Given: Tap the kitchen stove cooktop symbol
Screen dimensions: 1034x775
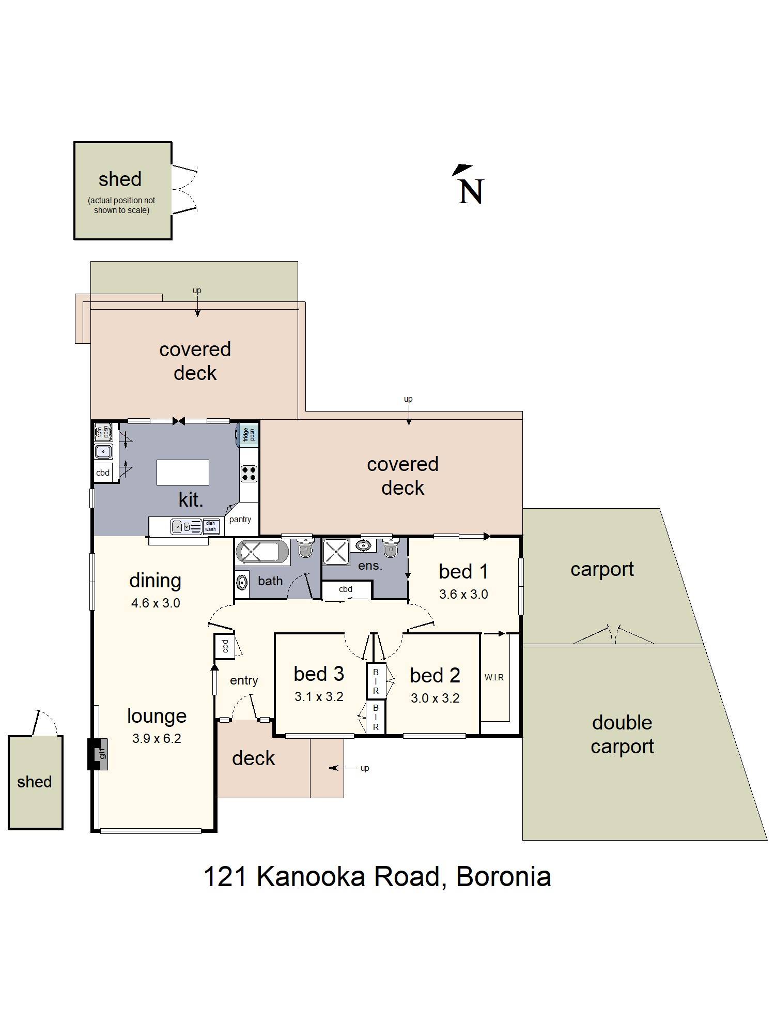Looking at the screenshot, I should pyautogui.click(x=249, y=473).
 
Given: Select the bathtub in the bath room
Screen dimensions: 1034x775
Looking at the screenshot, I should pyautogui.click(x=262, y=552).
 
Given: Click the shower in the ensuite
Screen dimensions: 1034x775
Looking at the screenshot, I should pyautogui.click(x=336, y=552).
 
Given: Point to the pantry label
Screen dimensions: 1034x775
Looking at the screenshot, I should pyautogui.click(x=240, y=519).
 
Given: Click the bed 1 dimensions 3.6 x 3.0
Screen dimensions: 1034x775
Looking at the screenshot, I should pyautogui.click(x=463, y=594).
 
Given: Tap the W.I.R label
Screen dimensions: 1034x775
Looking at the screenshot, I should pyautogui.click(x=494, y=677).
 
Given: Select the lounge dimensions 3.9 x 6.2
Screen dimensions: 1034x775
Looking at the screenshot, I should pyautogui.click(x=157, y=738).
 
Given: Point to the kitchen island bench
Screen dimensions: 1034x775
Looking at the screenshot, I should pyautogui.click(x=183, y=472).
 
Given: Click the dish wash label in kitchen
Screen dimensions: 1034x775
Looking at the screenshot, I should pyautogui.click(x=211, y=526).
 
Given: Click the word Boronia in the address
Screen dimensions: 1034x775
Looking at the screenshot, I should pyautogui.click(x=503, y=876).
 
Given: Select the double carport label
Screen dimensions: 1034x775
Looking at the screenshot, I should pyautogui.click(x=622, y=734).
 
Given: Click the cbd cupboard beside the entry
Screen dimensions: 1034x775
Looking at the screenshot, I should pyautogui.click(x=225, y=646).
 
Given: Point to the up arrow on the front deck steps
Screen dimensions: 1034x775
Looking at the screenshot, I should pyautogui.click(x=341, y=768).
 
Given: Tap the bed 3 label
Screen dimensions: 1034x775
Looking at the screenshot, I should pyautogui.click(x=319, y=674).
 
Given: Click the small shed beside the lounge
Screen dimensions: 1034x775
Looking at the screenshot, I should pyautogui.click(x=35, y=782).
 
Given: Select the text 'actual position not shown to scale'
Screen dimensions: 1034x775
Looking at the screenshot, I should pyautogui.click(x=121, y=205).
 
